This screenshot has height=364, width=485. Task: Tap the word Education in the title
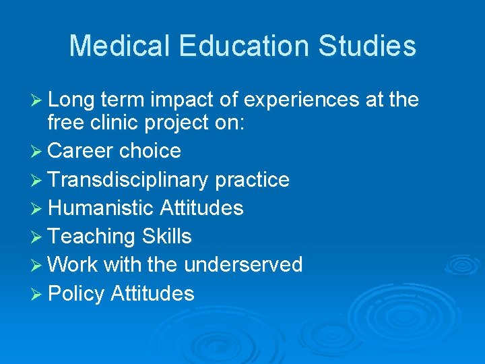click(243, 46)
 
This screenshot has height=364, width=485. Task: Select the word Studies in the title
click(368, 46)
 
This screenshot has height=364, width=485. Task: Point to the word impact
click(179, 101)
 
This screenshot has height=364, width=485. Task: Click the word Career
click(80, 150)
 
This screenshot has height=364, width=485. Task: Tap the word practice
click(252, 180)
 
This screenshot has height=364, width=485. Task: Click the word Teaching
click(92, 237)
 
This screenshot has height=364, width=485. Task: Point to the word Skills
click(166, 237)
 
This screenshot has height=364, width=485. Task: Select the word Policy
click(76, 294)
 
